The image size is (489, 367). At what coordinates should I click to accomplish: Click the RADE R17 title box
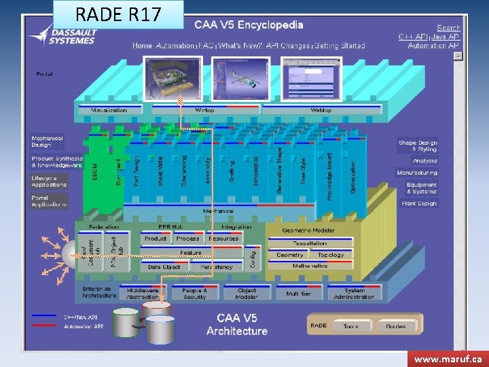click(x=118, y=14)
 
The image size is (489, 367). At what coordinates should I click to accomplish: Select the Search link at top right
click(x=448, y=28)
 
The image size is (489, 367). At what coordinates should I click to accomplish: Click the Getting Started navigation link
click(x=340, y=46)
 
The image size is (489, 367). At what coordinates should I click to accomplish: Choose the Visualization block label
click(x=109, y=110)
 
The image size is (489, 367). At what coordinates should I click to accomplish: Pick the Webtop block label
click(x=321, y=110)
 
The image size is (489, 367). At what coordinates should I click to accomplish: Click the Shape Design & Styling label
click(x=418, y=145)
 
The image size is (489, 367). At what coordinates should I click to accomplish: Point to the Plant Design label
click(x=418, y=203)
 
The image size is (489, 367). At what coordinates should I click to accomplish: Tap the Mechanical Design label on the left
click(x=47, y=141)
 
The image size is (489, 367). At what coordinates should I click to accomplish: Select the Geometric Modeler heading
click(x=308, y=230)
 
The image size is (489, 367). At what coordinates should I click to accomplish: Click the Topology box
click(x=331, y=255)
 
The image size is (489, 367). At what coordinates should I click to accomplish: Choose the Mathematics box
click(x=310, y=266)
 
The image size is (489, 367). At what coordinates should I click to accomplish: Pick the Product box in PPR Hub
click(x=156, y=239)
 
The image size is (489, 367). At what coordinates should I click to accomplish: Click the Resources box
click(x=223, y=239)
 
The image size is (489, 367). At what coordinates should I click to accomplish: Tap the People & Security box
click(x=194, y=293)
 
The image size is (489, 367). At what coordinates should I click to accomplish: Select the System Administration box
click(x=354, y=293)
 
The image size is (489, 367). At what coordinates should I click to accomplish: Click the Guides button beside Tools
click(x=395, y=326)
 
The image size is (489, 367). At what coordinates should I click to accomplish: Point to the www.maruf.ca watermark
click(x=448, y=358)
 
